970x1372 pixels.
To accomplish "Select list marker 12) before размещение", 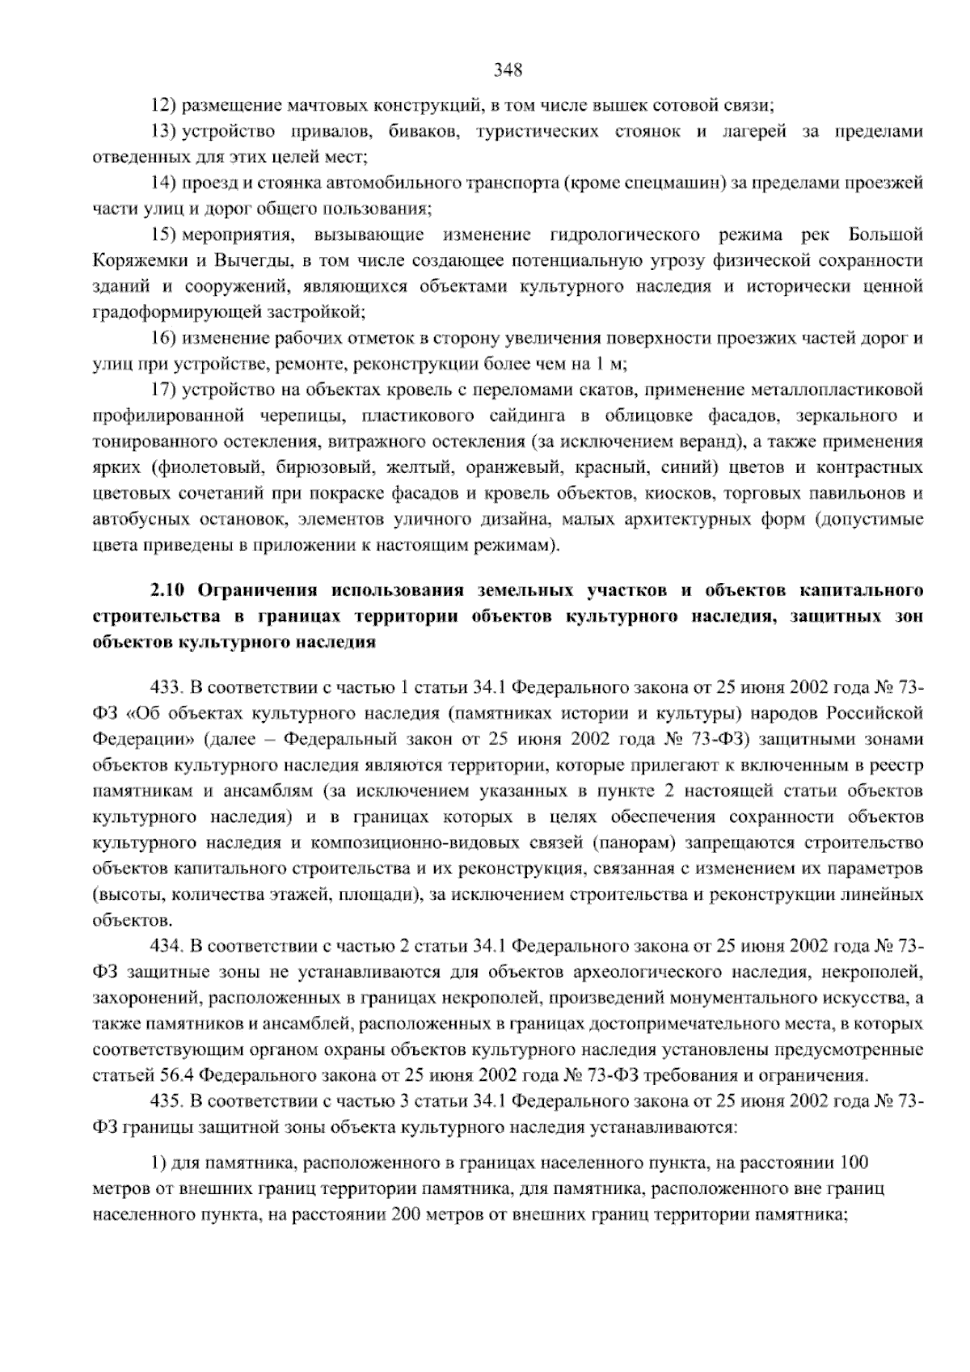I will click(x=165, y=105).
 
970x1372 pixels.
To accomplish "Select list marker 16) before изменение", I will click(x=165, y=338).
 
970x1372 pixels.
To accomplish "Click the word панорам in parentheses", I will click(x=635, y=843).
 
